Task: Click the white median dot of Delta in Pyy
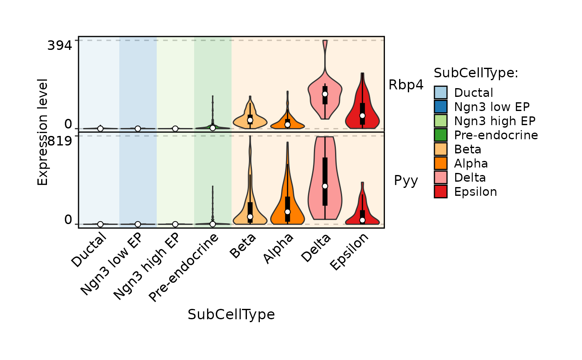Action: coord(325,186)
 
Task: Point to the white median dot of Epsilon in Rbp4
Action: coord(363,115)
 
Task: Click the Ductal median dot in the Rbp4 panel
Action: coord(100,128)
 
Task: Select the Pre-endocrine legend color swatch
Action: coord(440,135)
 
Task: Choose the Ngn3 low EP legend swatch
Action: coord(440,107)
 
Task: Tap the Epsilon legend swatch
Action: coord(440,192)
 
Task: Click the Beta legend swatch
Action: coord(440,149)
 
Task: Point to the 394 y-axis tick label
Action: coord(60,46)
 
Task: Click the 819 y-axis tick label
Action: coord(60,141)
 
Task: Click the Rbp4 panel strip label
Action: coord(406,85)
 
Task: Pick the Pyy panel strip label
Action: coord(406,181)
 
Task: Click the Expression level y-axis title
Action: coord(43,132)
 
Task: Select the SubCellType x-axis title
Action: coord(231,315)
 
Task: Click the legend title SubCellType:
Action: coord(476,73)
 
